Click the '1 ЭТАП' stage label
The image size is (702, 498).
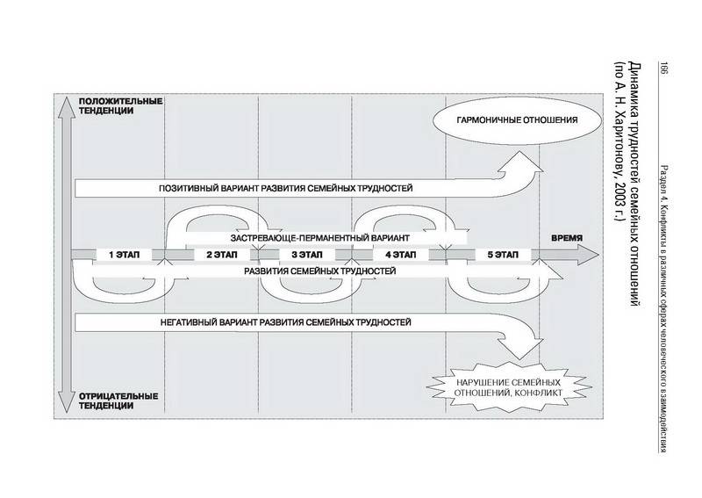click(x=124, y=255)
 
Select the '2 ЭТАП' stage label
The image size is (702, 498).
click(x=222, y=255)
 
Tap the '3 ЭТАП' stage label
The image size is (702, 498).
click(x=306, y=255)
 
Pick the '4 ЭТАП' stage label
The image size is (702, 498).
click(x=400, y=255)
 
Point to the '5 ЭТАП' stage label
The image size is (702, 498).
click(x=503, y=255)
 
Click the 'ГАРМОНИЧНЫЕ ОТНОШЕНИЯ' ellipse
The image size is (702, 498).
click(x=517, y=120)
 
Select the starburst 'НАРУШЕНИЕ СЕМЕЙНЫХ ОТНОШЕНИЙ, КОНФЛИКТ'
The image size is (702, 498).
click(x=509, y=387)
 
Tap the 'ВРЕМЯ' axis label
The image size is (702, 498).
click(x=567, y=238)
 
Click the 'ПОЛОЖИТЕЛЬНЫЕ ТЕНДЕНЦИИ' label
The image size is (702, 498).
click(x=120, y=105)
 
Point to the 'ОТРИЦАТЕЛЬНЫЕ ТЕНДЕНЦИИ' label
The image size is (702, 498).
click(x=118, y=401)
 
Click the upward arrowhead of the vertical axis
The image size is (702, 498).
click(x=66, y=106)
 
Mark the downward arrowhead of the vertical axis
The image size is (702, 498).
click(x=66, y=401)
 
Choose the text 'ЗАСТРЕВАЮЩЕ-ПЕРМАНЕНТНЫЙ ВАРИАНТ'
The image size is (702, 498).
click(x=319, y=237)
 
